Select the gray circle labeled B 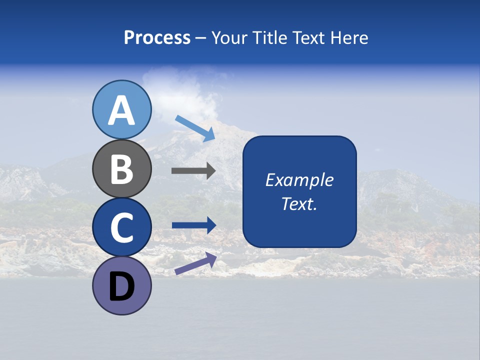[x=121, y=168]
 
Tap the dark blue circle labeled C [x=121, y=227]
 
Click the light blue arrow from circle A [x=195, y=128]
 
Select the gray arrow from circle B [x=193, y=171]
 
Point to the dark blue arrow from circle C [x=193, y=225]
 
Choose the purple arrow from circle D [x=195, y=263]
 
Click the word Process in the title [x=157, y=38]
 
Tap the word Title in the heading [x=270, y=38]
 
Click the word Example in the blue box [x=299, y=180]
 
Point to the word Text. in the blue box [x=299, y=203]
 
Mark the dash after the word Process [x=201, y=38]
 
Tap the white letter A [x=121, y=110]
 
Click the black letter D [x=121, y=287]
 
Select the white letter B [x=121, y=168]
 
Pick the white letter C [x=121, y=227]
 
